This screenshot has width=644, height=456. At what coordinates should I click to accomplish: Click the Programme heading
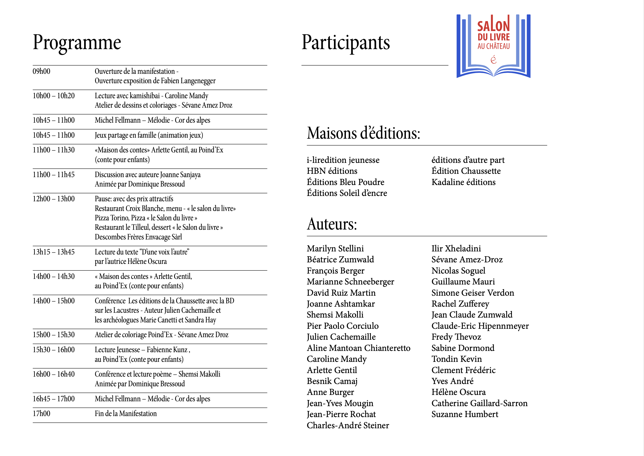click(x=77, y=42)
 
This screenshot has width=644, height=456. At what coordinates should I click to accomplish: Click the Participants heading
click(x=346, y=42)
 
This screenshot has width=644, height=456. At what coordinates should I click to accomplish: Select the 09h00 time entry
click(x=41, y=71)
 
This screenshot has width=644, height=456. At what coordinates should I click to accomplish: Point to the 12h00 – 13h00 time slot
click(x=54, y=199)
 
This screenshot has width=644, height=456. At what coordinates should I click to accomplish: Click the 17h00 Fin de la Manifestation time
click(x=41, y=414)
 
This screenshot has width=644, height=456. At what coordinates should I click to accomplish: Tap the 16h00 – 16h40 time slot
click(x=54, y=374)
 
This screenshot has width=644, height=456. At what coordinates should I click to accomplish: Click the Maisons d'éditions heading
click(x=363, y=133)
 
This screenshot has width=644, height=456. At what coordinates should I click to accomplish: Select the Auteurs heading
click(x=332, y=224)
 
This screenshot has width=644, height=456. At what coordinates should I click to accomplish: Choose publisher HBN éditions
click(x=332, y=171)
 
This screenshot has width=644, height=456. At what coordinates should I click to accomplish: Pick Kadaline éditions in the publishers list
click(x=463, y=182)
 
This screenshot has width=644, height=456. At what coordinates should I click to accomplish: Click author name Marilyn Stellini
click(x=335, y=249)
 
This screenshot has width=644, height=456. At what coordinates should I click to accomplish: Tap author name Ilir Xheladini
click(x=456, y=249)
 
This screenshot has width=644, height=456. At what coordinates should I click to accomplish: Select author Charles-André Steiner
click(x=348, y=425)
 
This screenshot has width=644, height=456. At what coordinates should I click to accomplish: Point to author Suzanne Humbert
click(x=465, y=415)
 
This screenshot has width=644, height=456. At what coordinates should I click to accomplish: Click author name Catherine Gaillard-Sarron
click(x=479, y=404)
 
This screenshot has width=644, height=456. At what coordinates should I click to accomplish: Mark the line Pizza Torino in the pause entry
click(x=146, y=218)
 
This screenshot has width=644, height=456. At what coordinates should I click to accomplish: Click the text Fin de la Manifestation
click(x=126, y=414)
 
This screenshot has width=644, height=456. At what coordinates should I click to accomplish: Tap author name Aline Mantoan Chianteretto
click(x=358, y=348)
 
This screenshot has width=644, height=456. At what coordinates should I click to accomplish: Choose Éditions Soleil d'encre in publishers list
click(x=347, y=193)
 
